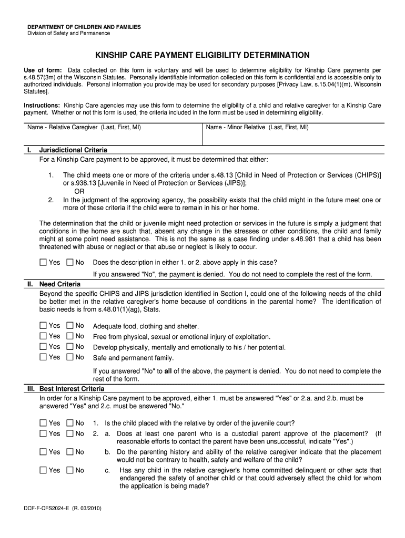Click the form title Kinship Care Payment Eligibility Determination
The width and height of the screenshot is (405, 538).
coord(202,55)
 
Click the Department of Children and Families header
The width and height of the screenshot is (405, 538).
coord(84,27)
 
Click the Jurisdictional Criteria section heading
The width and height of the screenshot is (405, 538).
coord(73,150)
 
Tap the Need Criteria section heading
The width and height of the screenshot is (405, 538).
coord(60,284)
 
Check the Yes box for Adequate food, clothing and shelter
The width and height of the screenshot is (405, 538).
coord(43,326)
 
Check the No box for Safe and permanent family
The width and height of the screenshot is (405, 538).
coord(69,357)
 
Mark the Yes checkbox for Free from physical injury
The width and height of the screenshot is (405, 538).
coord(43,336)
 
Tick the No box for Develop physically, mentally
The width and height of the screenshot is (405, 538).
coord(69,347)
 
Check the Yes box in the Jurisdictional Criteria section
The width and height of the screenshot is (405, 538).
coord(43,262)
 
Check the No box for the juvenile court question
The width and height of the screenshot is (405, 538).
coord(69,423)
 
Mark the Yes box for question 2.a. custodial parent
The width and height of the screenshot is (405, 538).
coord(43,433)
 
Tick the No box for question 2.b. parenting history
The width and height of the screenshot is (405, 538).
coord(69,452)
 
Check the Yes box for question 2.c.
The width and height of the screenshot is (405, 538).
coord(43,470)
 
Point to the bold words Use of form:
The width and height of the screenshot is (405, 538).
coord(43,70)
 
